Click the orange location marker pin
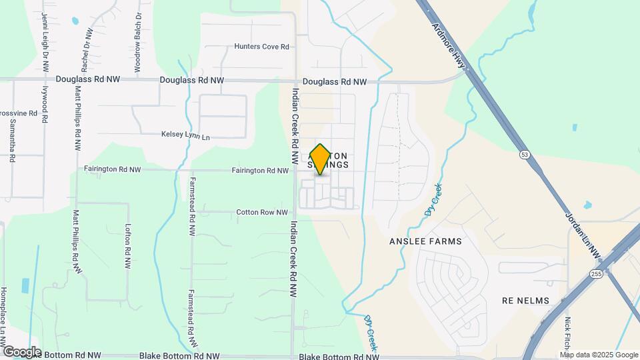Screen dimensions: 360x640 [321, 159]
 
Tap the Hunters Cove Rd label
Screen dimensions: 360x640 [261, 47]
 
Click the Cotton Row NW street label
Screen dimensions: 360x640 [262, 213]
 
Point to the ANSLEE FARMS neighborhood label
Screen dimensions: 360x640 [426, 241]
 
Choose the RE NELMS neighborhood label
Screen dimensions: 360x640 [525, 301]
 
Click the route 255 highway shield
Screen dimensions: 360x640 [596, 273]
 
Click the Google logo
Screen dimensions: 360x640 [21, 351]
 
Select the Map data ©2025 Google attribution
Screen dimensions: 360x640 [599, 355]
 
